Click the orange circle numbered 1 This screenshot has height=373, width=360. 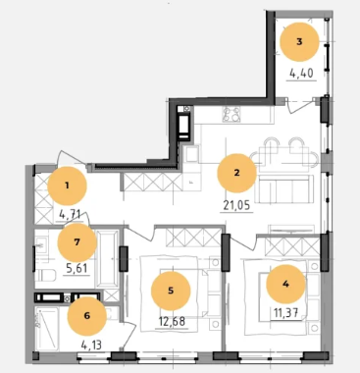pos(67,186)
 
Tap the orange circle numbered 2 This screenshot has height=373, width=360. pos(236,173)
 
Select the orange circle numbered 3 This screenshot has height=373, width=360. pos(299,42)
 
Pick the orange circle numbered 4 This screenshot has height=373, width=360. pos(285,284)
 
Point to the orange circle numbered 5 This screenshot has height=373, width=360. pos(171,291)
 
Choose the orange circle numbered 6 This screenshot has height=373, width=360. pos(87,316)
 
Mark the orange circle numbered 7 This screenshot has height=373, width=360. pos(77,242)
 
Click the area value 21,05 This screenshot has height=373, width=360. pos(236,205)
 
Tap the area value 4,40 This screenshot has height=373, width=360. pos(301,74)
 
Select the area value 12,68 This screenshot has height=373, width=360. pos(172,321)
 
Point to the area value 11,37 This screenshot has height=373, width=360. pos(284,313)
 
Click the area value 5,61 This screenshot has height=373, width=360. pos(77,268)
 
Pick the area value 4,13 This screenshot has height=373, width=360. pos(91,345)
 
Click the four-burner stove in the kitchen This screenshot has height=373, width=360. pos(231,114)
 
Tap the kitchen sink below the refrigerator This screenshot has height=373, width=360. pos(191,154)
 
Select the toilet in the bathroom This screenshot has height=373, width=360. pos(45,275)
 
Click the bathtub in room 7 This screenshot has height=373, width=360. pos(108,259)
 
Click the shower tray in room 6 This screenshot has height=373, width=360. pos(47,328)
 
